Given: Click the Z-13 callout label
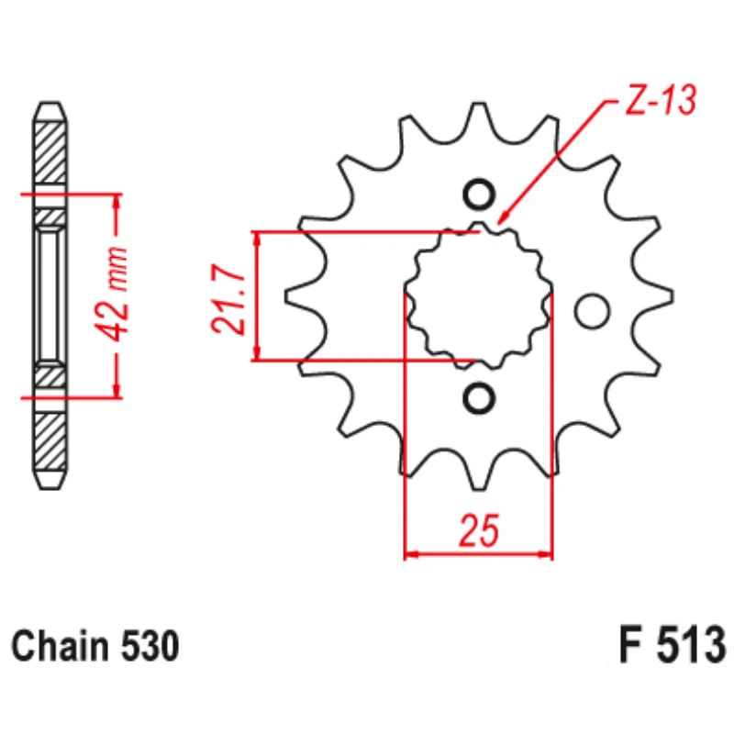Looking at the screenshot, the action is pyautogui.click(x=661, y=100).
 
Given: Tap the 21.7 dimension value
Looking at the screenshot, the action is pyautogui.click(x=228, y=300).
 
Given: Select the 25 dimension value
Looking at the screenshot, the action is pyautogui.click(x=479, y=530).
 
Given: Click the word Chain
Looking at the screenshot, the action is pyautogui.click(x=60, y=646).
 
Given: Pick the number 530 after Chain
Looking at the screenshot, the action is pyautogui.click(x=150, y=646).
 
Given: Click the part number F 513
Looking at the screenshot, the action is pyautogui.click(x=673, y=645).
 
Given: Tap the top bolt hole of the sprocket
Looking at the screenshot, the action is pyautogui.click(x=478, y=195).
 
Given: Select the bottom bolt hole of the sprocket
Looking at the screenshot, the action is pyautogui.click(x=478, y=399).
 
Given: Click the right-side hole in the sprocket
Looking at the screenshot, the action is pyautogui.click(x=592, y=311).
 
